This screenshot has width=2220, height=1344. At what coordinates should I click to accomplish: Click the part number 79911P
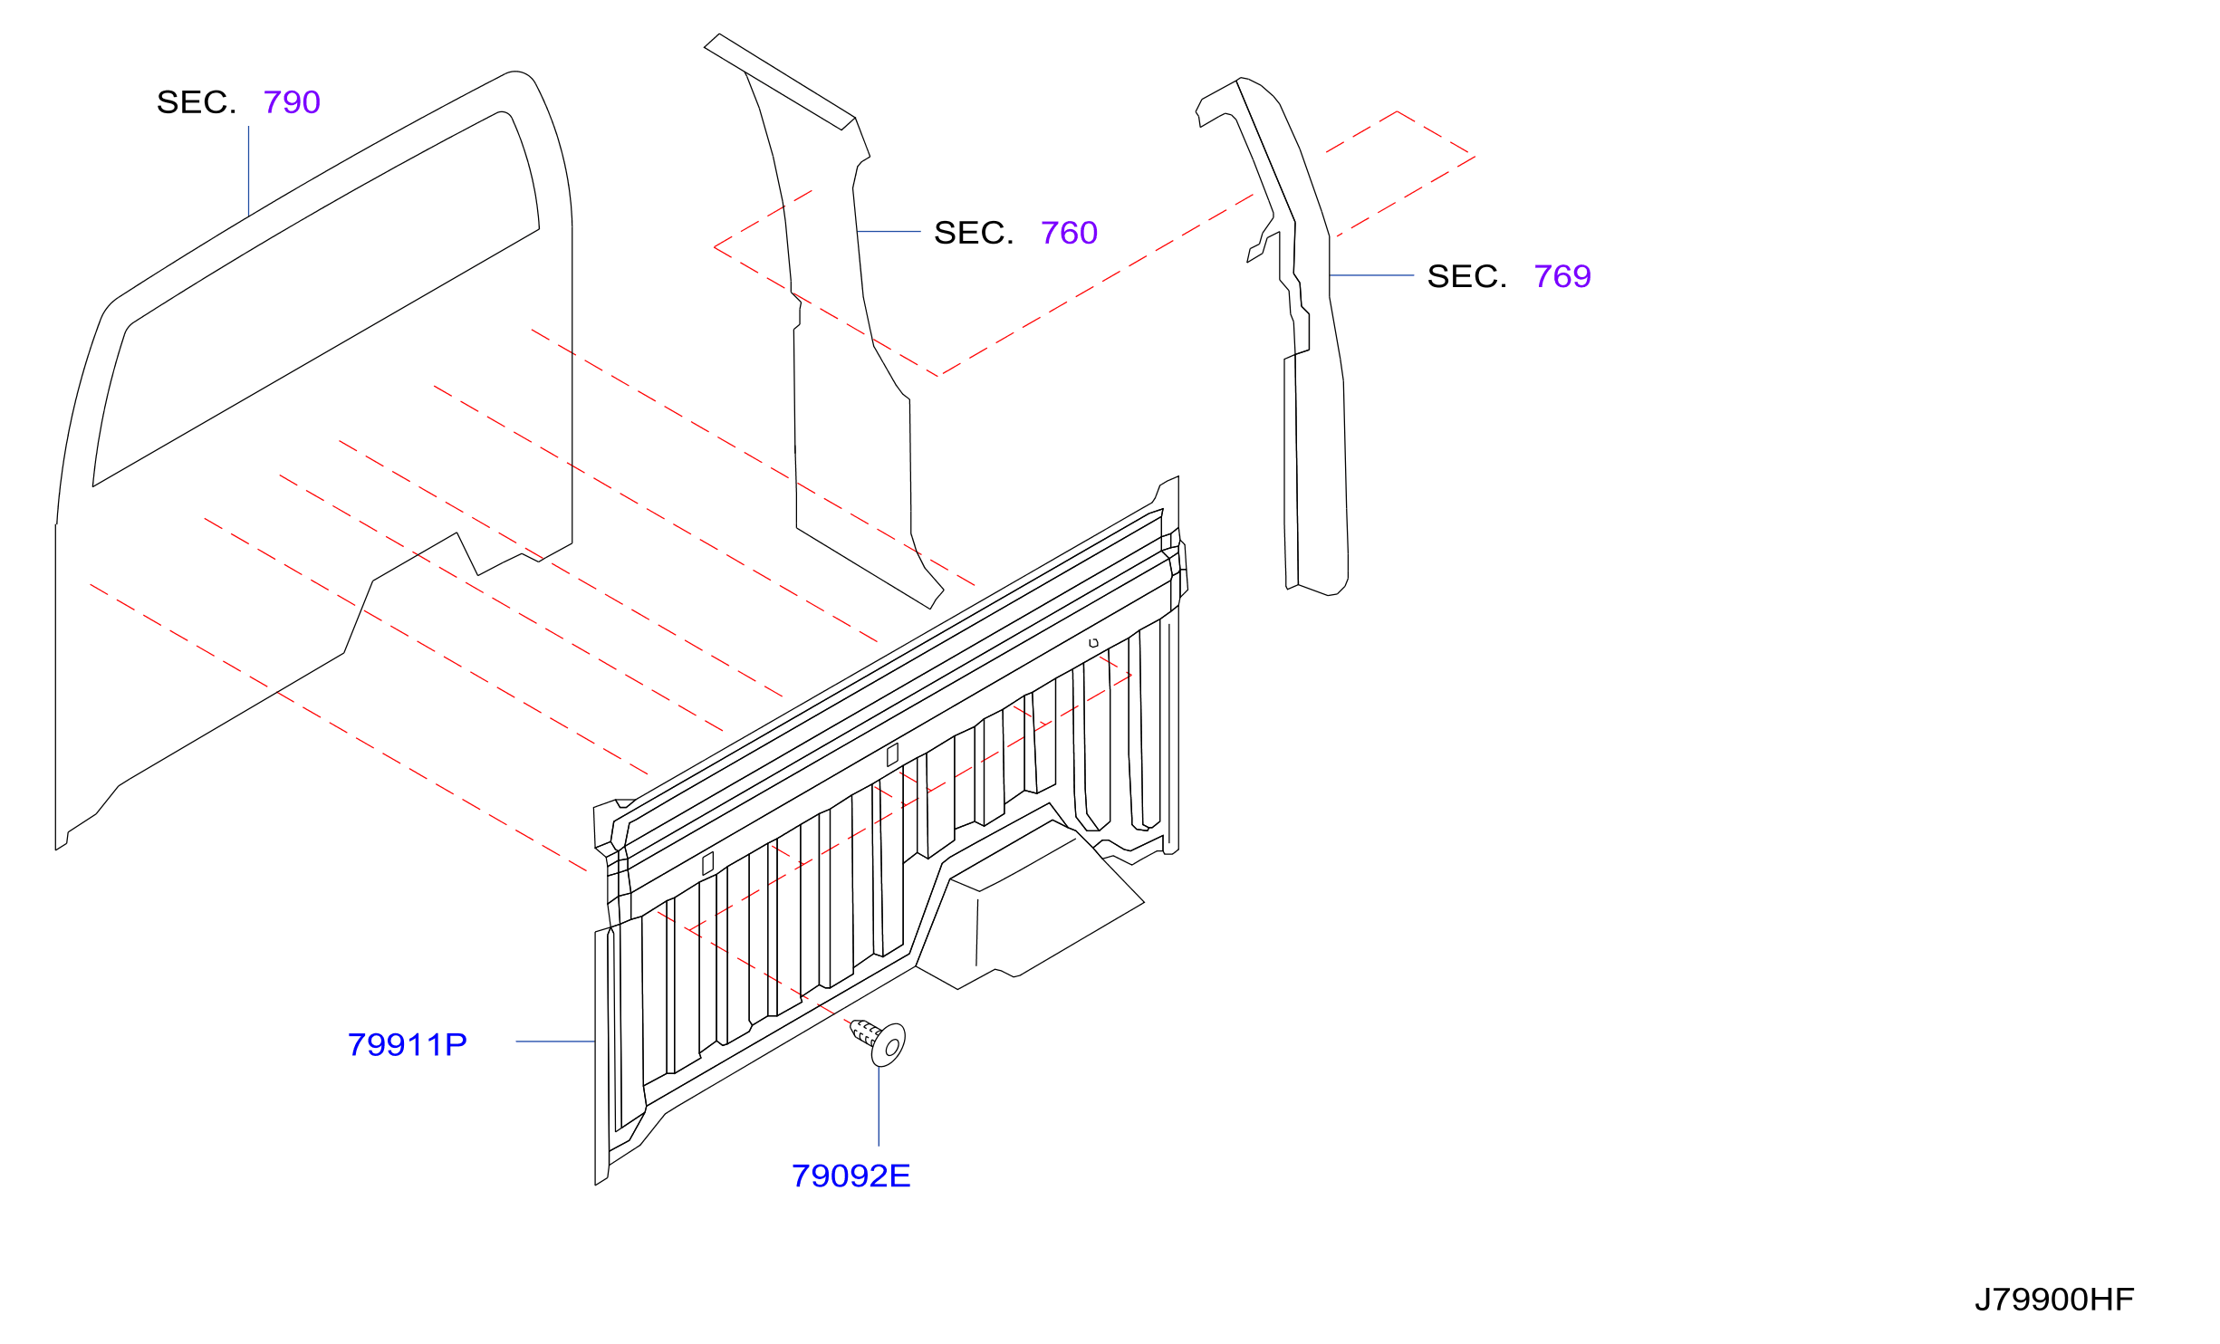pos(407,1045)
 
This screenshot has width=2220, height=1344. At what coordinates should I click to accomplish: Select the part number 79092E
pos(851,1176)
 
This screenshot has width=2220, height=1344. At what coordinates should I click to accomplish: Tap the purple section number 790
pos(292,102)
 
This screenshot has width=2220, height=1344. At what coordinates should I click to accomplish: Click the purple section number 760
pos(1069,233)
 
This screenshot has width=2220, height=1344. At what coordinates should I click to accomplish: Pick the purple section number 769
pos(1562,276)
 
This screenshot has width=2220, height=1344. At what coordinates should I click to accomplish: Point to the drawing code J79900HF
pos(2053,1300)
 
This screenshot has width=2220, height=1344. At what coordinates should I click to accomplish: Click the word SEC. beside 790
pos(197,102)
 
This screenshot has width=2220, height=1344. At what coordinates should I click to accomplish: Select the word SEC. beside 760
pos(974,233)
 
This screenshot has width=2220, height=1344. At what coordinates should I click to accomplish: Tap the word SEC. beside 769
pos(1467,276)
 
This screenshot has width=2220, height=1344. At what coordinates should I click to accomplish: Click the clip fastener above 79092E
pos(878,1041)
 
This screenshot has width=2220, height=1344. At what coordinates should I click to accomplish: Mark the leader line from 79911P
pos(555,1042)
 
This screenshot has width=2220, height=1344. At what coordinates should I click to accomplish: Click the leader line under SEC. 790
pos(249,171)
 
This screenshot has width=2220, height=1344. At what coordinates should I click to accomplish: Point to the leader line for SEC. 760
pos(889,232)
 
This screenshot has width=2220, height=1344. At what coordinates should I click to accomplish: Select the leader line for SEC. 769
pos(1371,275)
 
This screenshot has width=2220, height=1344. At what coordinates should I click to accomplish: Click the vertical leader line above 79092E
pos(879,1106)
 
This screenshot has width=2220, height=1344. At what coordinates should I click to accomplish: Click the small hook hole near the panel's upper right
pos(1093,643)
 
